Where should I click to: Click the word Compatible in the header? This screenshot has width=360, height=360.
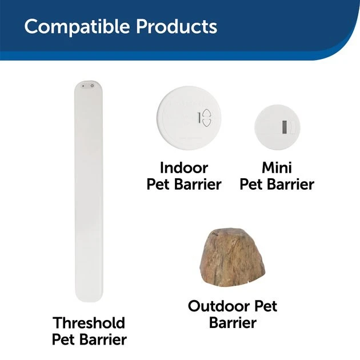coord(70,26)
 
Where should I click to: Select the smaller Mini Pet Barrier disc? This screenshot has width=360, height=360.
coord(278,126)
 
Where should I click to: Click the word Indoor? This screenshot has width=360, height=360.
coord(184,168)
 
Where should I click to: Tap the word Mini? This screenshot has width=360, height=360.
coord(277,168)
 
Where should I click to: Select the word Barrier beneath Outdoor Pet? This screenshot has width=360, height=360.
coord(233,323)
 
